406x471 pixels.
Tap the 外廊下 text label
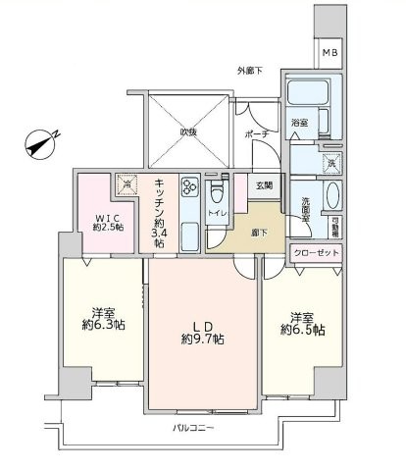[251, 71]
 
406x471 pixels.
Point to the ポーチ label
[257, 134]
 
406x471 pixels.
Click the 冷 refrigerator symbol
[127, 182]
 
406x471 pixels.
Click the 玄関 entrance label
[263, 184]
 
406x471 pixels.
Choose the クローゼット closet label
[316, 252]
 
